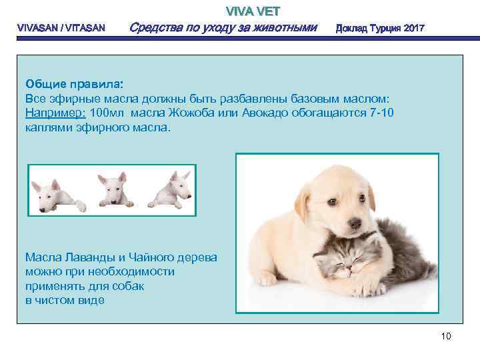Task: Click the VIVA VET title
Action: (x=253, y=11)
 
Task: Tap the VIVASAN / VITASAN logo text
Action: (x=60, y=29)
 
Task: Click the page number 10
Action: (x=446, y=336)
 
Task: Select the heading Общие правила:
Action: (x=74, y=84)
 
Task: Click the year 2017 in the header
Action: (x=409, y=29)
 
